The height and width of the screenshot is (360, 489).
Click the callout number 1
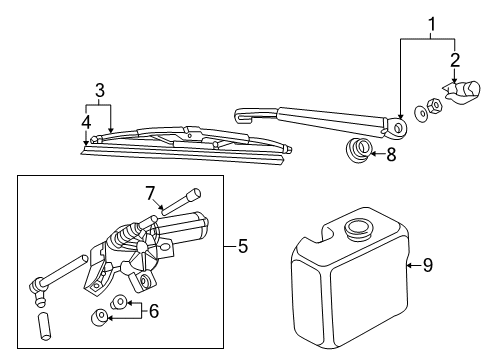pos(431,24)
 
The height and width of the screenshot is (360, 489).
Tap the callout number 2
pos(455,60)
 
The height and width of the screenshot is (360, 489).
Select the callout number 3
pos(100,90)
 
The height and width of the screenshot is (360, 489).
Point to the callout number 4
pos(86,122)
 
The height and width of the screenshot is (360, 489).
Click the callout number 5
pos(243,246)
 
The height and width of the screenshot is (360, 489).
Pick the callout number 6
pos(154,311)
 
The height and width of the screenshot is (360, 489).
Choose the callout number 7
pos(150,193)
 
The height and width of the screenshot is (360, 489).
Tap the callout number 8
pos(391,155)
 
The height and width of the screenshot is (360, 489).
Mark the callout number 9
pos(428,265)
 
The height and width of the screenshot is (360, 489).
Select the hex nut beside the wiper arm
pos(434,105)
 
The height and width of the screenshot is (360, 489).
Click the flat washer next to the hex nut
pos(421,113)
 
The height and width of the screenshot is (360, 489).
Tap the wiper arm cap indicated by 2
pos(462,91)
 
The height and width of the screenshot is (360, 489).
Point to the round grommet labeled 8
pos(358,150)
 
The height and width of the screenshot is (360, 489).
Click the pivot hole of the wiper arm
pos(398,127)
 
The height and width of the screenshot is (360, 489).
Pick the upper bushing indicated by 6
pos(118,302)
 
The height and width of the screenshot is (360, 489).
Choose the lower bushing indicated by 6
pos(99,317)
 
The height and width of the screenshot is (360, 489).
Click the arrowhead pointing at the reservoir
pos(409,265)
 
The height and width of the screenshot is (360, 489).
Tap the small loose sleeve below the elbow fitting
pos(44,326)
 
